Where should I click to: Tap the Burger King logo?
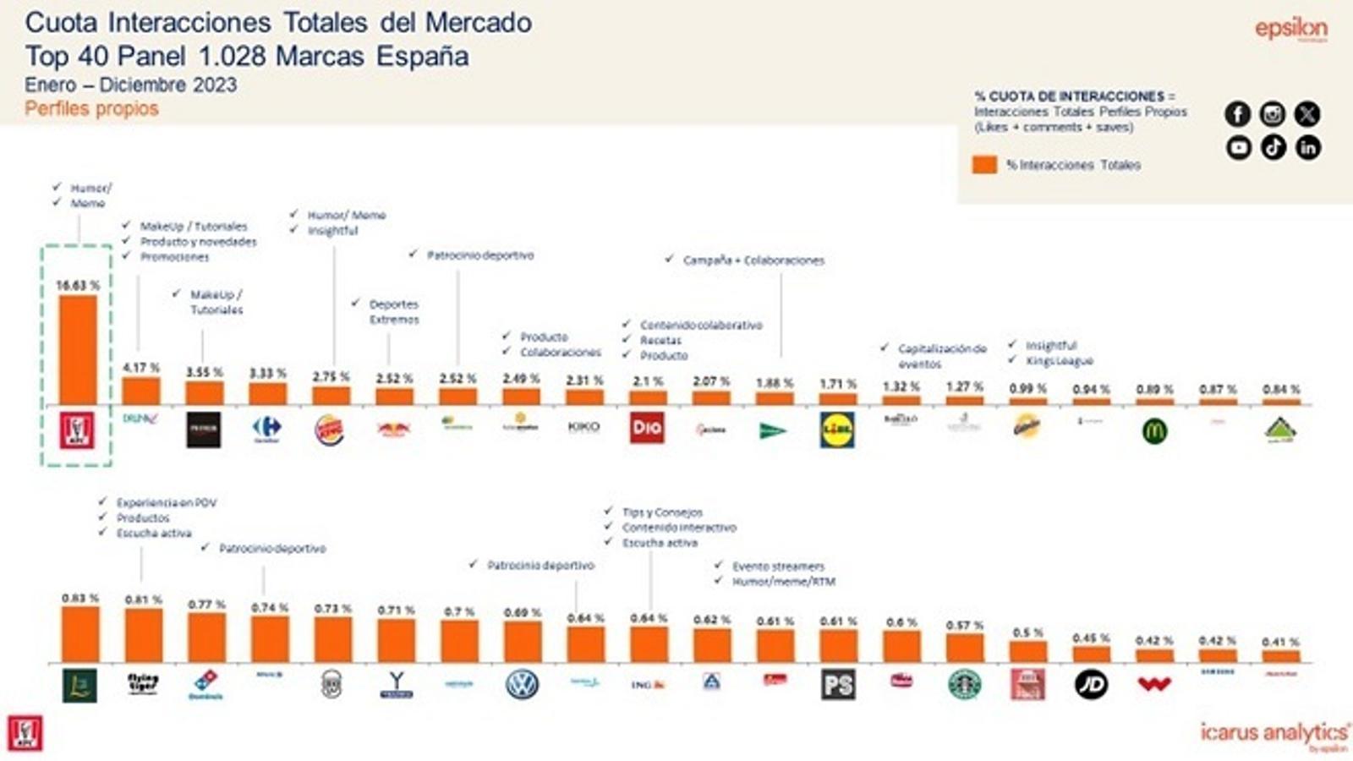(330, 430)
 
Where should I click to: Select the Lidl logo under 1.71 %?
(837, 430)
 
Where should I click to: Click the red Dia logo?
(647, 428)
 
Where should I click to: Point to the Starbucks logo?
(964, 684)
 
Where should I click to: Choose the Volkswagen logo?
(522, 684)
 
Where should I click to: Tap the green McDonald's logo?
(1154, 431)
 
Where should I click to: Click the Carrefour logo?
(267, 428)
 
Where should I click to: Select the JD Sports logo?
(1091, 684)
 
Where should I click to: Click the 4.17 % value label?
(140, 368)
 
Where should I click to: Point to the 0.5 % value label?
(1027, 632)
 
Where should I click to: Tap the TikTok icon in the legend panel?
(1274, 147)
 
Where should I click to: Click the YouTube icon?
(1239, 147)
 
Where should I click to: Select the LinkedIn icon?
(1308, 147)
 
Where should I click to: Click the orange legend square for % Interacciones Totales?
(984, 165)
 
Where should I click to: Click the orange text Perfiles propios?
(91, 108)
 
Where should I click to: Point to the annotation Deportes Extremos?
(393, 312)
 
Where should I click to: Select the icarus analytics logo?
(1274, 734)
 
